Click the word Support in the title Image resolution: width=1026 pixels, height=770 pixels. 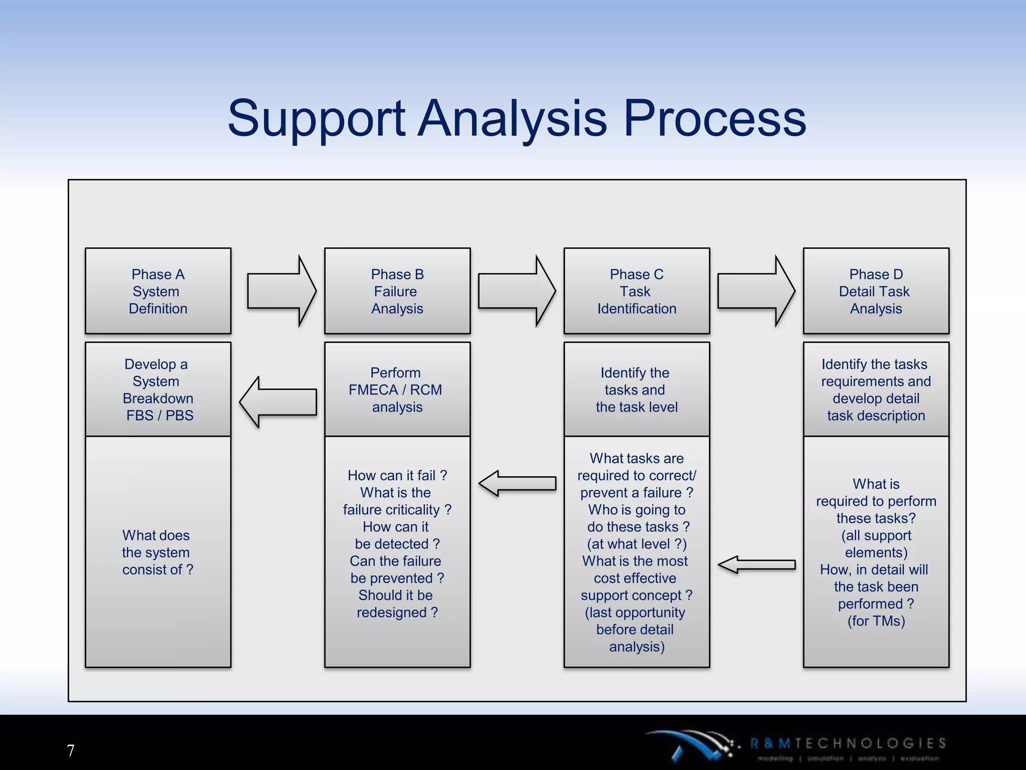[316, 119]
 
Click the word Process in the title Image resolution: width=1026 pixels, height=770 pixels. [714, 119]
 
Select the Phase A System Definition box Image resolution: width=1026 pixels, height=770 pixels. [158, 291]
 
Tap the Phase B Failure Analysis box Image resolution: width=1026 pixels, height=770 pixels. [397, 291]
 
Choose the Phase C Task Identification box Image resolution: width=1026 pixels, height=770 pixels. [637, 291]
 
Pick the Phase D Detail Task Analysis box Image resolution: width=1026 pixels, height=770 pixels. [876, 291]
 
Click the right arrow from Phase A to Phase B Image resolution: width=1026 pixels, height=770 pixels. [282, 291]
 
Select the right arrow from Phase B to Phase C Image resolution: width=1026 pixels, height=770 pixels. [517, 291]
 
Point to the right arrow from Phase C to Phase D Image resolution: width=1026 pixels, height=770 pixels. [756, 291]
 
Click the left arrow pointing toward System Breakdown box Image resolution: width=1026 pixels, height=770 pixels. [278, 402]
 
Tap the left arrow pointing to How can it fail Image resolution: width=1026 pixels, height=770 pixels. [517, 483]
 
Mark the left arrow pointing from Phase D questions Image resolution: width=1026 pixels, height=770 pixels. [756, 564]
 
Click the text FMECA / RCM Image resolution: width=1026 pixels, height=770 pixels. [395, 390]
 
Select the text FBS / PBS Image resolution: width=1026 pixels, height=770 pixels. [159, 416]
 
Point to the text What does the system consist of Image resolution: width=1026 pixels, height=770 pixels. [157, 552]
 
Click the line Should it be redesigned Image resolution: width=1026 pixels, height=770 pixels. [397, 604]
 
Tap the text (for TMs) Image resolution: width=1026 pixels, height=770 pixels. [876, 621]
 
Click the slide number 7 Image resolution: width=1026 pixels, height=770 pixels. [71, 750]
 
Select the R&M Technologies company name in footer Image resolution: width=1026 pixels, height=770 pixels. [848, 743]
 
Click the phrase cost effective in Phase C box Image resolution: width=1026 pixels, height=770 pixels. [635, 579]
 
